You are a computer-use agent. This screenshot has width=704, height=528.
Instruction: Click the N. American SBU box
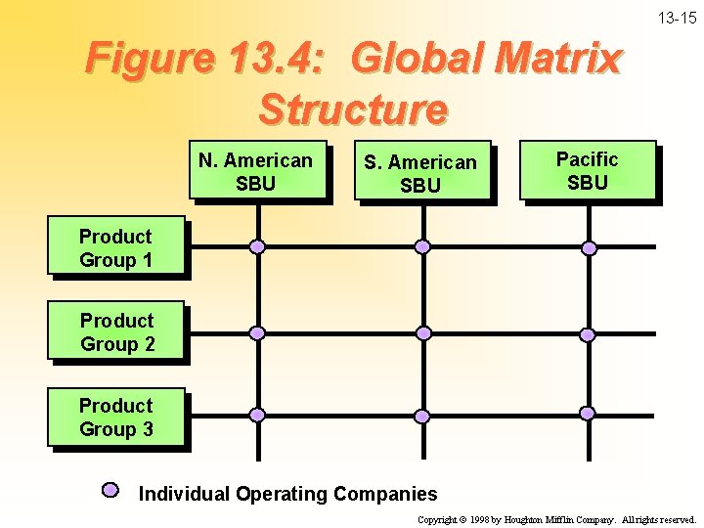tap(256, 172)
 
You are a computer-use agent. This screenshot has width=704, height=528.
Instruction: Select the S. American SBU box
tap(420, 173)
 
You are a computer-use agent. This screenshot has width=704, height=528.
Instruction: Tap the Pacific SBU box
tap(587, 171)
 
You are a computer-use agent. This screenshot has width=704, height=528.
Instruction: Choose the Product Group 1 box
tap(115, 248)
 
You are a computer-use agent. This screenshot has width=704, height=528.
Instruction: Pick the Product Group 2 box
tap(116, 332)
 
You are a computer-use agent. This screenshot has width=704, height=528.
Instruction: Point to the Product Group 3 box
tap(115, 418)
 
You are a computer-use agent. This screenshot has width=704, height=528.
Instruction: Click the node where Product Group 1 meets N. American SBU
tap(257, 246)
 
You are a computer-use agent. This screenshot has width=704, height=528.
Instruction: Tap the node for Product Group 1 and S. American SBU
tap(422, 246)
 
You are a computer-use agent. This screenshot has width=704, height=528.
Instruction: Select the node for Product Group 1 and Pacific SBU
tap(589, 247)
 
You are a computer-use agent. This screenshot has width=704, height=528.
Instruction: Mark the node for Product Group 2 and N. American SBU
tap(257, 332)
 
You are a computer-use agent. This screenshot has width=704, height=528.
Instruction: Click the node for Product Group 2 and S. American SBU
tap(422, 332)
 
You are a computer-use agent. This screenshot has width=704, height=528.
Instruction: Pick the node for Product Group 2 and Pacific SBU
tap(588, 334)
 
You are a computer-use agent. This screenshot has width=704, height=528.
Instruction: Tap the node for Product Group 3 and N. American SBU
tap(257, 416)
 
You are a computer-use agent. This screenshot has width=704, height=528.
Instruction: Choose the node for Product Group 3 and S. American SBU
tap(422, 416)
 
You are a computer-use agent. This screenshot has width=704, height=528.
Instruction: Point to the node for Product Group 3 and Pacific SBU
tap(588, 416)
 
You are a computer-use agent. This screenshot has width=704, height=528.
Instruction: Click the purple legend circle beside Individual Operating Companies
tap(110, 490)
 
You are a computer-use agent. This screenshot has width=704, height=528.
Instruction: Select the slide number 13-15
tap(677, 18)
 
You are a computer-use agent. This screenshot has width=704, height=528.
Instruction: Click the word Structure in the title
tap(352, 109)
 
